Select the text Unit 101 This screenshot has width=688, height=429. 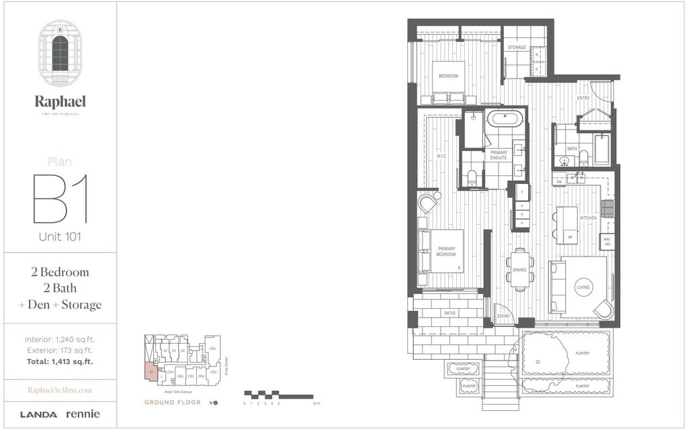point(60,236)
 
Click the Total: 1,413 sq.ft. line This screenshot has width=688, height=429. point(59,361)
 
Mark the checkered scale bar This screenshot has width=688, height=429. point(278,395)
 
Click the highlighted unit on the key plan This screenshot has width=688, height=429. point(152,371)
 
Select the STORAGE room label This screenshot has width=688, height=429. point(516,48)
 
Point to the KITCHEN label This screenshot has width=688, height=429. point(589,218)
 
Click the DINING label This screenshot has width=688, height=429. point(519,270)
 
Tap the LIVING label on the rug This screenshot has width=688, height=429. point(583,287)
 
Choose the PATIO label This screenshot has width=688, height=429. point(449,313)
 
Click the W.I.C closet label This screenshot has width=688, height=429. point(441,156)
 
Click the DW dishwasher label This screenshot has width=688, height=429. point(558,182)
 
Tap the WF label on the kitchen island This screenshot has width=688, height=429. point(570,237)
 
